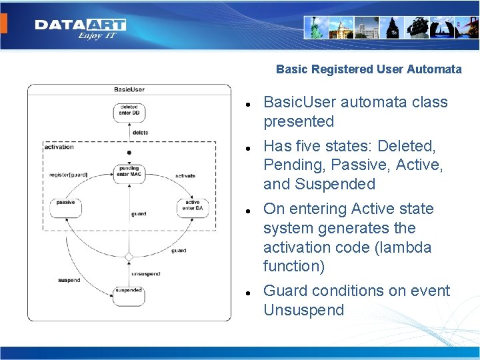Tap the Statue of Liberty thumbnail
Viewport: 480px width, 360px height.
point(317,27)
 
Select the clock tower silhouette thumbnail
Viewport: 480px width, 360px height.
point(392,27)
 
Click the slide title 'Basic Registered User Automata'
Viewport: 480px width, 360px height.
point(369,69)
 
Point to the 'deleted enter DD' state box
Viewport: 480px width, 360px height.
point(129,111)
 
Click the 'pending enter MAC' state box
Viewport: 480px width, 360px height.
point(129,173)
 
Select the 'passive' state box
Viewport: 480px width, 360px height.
point(66,207)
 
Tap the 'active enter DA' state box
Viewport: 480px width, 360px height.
point(193,207)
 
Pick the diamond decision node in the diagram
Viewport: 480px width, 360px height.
point(129,257)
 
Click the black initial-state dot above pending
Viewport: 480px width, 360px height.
point(129,153)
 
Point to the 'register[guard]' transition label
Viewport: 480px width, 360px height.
point(69,175)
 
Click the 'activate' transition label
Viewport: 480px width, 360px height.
point(185,176)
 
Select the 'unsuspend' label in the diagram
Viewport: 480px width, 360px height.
point(145,274)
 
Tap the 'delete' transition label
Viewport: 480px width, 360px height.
point(140,133)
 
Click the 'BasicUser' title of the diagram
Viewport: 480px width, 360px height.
point(129,89)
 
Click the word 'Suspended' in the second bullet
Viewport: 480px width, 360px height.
point(342,184)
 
